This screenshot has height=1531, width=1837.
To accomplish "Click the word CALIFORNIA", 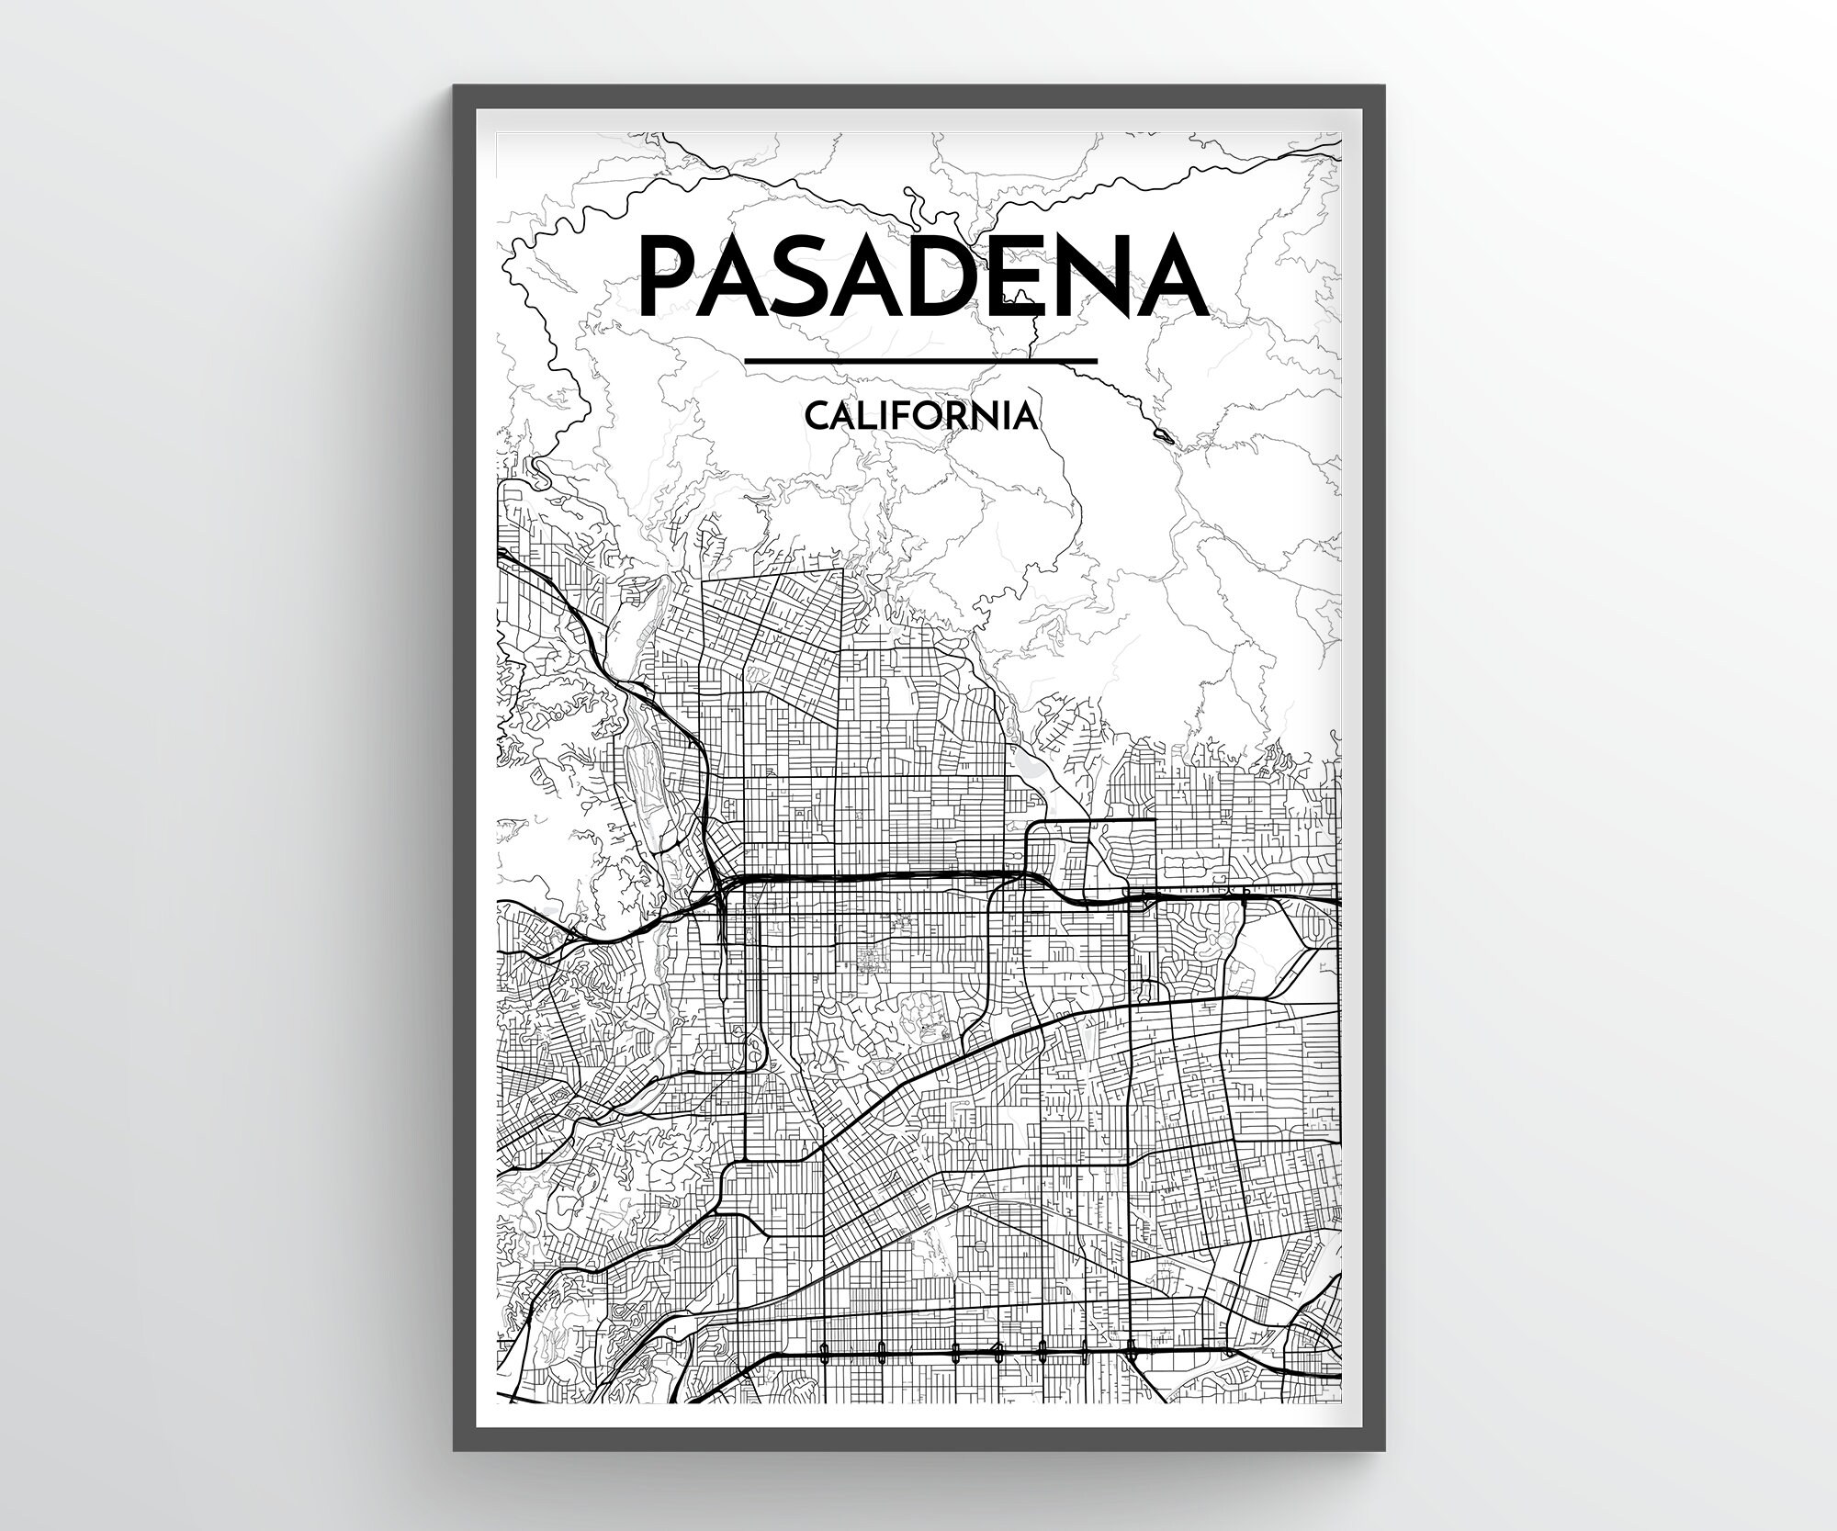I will point(922,417).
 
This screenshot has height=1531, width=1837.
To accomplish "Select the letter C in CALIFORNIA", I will point(816,417).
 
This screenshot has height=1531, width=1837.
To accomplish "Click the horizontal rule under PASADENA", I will point(922,361).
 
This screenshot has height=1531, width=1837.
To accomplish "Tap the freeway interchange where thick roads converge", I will point(720,886).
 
